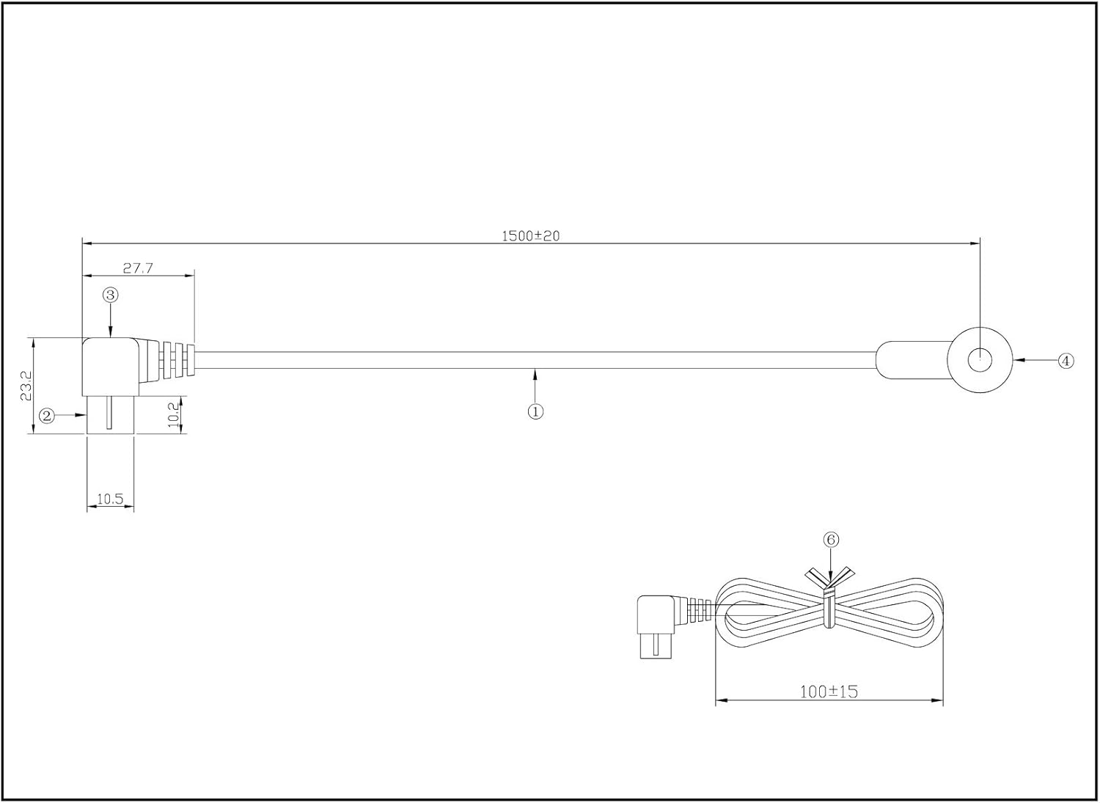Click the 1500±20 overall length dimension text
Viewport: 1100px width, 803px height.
pos(530,236)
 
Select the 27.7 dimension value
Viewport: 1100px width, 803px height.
pos(137,268)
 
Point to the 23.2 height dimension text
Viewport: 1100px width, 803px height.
pos(26,385)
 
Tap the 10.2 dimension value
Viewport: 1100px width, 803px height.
pos(172,415)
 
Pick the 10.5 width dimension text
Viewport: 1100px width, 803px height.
pos(110,499)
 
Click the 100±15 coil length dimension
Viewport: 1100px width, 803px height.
pos(829,691)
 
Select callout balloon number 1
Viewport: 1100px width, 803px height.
pos(535,411)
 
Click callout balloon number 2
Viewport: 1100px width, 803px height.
pos(47,416)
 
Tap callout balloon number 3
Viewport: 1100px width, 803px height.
pos(110,295)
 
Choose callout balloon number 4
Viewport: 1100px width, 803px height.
pos(1066,360)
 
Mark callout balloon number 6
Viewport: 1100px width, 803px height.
pos(831,540)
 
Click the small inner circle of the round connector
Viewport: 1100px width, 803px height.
pos(980,360)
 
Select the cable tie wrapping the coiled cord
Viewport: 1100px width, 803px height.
pos(829,605)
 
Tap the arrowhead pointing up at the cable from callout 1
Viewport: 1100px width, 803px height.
pos(535,374)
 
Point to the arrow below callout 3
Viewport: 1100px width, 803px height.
pos(110,330)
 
